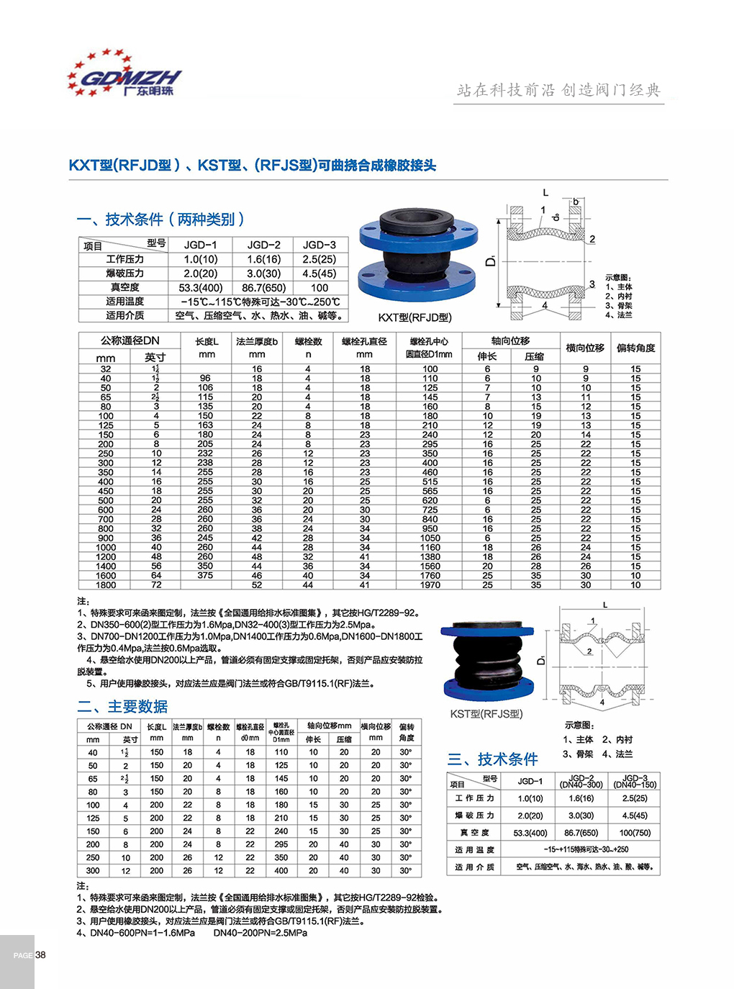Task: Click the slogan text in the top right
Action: pos(558,90)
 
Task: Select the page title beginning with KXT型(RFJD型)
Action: pos(253,166)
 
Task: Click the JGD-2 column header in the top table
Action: pos(264,245)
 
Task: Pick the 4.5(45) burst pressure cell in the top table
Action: pos(319,274)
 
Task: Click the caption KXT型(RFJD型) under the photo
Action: pos(415,317)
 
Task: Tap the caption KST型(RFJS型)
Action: pos(486,714)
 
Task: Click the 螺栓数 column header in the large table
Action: pos(308,341)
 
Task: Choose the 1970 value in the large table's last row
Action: pos(430,585)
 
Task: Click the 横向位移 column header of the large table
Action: pos(585,348)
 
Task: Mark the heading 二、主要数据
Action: pos(122,707)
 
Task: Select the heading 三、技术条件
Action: pos(493,759)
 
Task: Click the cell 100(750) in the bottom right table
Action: pos(635,833)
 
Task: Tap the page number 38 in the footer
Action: pos(40,955)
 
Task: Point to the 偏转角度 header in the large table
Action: pos(635,348)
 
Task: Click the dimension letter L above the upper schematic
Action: pos(545,192)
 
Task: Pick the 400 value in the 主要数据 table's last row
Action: pos(281,871)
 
